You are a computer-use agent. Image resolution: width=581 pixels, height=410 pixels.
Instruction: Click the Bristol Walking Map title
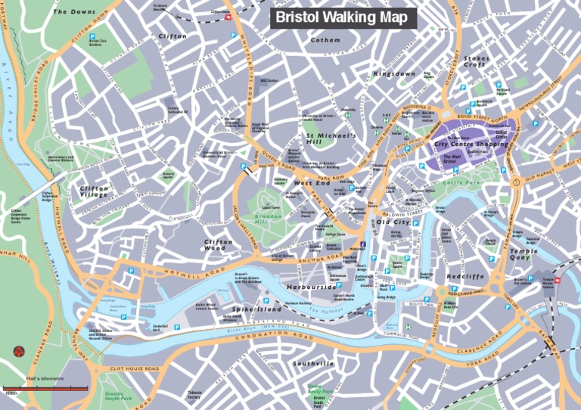pyautogui.click(x=342, y=17)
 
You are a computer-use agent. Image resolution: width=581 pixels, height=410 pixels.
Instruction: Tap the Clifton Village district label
pyautogui.click(x=95, y=191)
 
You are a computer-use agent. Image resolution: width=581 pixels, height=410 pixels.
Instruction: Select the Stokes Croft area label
pyautogui.click(x=477, y=61)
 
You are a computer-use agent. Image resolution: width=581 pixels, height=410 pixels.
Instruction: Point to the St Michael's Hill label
pyautogui.click(x=325, y=138)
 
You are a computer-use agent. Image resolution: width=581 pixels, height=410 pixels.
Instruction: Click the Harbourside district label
pyautogui.click(x=312, y=287)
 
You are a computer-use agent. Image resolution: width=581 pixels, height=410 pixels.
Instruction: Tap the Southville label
pyautogui.click(x=313, y=364)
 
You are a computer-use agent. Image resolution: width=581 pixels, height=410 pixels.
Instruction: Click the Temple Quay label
pyautogui.click(x=524, y=254)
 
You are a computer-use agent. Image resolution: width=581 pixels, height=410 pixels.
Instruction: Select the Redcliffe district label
pyautogui.click(x=464, y=277)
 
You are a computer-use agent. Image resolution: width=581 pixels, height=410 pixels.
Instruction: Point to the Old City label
pyautogui.click(x=393, y=222)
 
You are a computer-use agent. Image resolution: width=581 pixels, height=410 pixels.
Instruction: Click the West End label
pyautogui.click(x=312, y=183)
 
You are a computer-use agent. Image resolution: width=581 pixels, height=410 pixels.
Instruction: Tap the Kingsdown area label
pyautogui.click(x=394, y=74)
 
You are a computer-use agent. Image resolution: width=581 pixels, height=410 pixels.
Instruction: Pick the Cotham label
pyautogui.click(x=325, y=40)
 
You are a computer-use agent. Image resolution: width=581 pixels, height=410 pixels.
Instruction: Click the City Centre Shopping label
pyautogui.click(x=471, y=143)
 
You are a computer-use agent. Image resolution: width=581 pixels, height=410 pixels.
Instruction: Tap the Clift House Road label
pyautogui.click(x=131, y=368)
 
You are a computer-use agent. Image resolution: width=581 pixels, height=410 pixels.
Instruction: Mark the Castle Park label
pyautogui.click(x=461, y=182)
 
